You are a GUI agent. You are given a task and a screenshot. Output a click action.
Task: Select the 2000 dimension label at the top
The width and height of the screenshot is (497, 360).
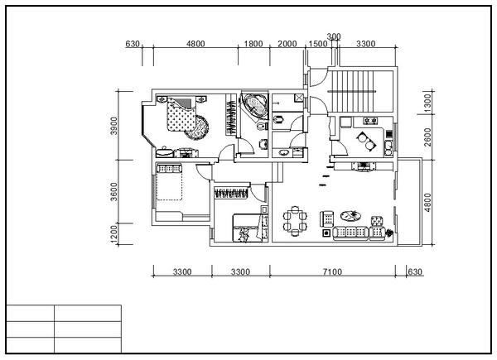coord(287,44)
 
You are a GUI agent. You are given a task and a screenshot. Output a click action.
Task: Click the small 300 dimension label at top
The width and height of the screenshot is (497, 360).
coord(334,36)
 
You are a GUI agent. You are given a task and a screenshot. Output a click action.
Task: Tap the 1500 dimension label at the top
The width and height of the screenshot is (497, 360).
coord(316,44)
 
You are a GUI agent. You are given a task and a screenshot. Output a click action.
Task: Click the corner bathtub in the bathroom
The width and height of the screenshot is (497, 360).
coord(253,106)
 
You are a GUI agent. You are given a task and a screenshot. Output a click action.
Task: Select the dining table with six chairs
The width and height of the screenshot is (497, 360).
coord(295,221)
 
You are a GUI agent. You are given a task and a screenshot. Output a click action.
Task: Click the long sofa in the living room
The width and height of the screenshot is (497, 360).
coord(350,233)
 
